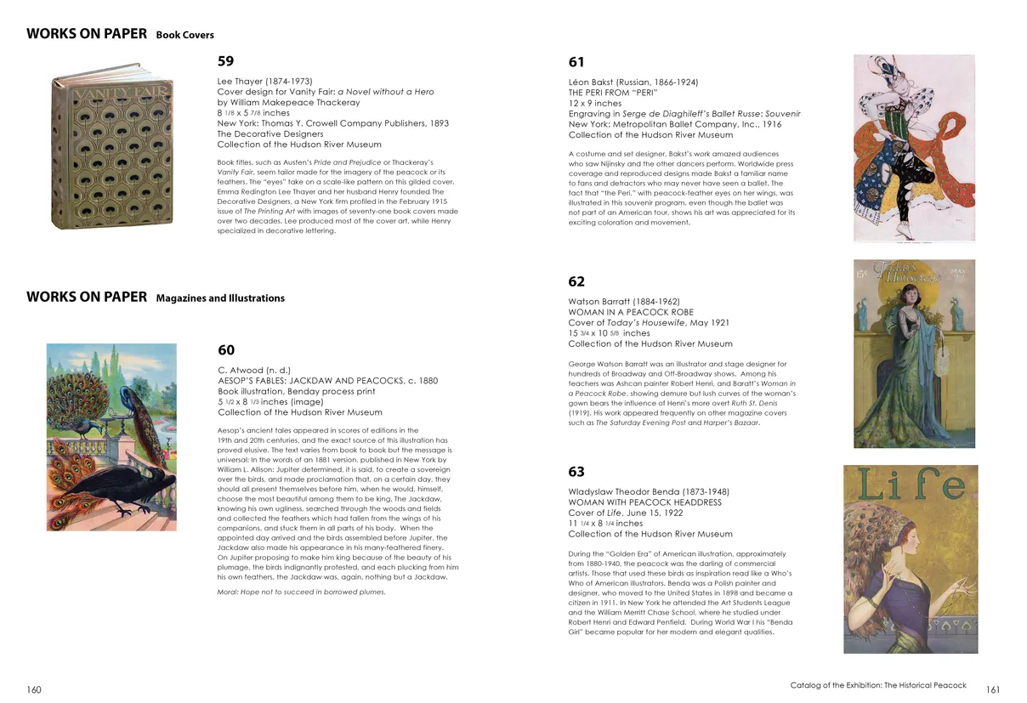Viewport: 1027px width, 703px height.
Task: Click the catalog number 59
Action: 225,61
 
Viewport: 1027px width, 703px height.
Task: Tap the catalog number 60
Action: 226,350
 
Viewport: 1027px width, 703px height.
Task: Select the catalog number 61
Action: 576,62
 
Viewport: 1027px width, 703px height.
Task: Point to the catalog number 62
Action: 576,281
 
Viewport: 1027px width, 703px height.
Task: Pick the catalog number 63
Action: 576,472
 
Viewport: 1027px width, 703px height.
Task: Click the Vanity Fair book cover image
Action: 112,151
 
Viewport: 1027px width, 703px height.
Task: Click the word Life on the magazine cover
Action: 911,485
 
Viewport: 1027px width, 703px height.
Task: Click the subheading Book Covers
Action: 184,36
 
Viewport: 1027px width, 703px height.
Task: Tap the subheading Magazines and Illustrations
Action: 220,298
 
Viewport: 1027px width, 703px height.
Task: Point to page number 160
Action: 34,689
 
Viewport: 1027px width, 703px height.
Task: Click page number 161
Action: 993,689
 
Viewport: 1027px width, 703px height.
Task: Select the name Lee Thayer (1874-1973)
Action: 264,82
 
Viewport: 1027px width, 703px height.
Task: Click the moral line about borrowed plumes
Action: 301,592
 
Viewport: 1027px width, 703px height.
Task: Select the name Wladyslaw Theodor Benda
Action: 649,492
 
